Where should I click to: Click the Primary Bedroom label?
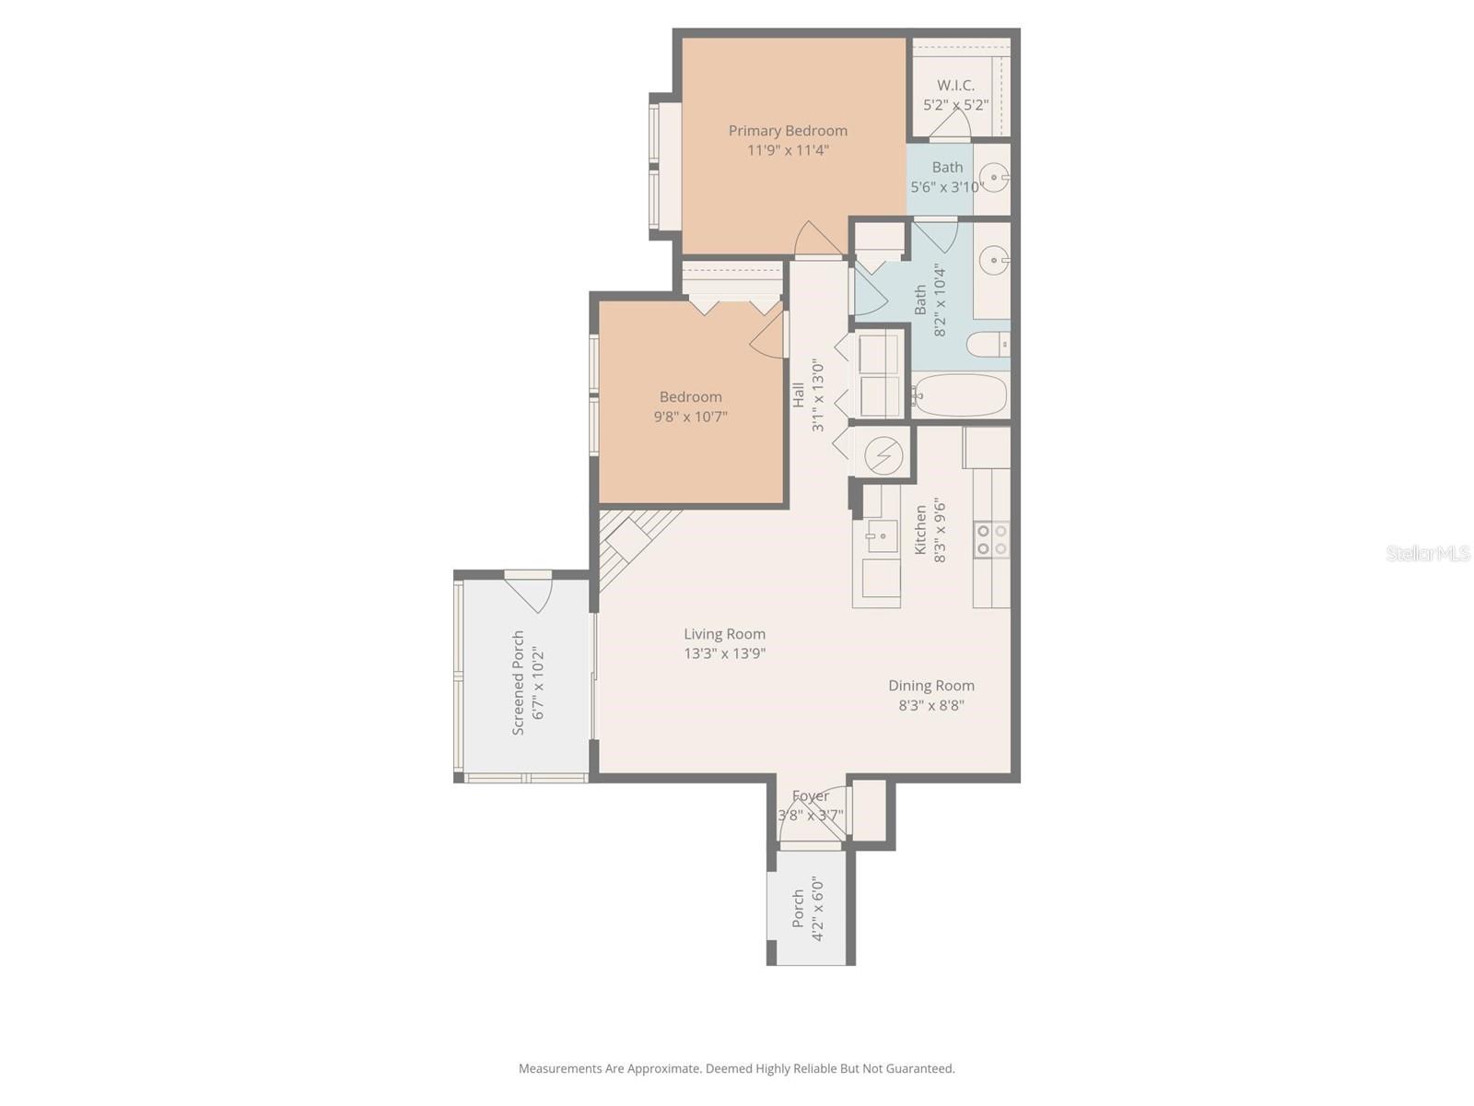(x=788, y=131)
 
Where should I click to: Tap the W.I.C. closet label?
(x=955, y=85)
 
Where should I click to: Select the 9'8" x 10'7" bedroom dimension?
(x=691, y=417)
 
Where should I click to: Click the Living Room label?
(x=724, y=634)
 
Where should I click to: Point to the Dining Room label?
(x=930, y=686)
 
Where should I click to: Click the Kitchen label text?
(x=920, y=530)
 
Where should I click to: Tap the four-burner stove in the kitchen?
(x=991, y=539)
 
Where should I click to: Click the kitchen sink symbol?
(x=882, y=535)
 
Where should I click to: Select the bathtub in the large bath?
(x=960, y=395)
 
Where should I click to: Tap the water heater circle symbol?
(x=883, y=455)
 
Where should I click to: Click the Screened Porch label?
(x=519, y=683)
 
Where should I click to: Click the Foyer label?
(x=811, y=796)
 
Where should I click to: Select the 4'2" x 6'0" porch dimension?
(x=816, y=910)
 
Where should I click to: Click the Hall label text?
(x=799, y=395)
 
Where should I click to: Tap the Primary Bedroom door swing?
(x=816, y=240)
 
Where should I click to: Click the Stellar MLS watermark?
(x=1427, y=554)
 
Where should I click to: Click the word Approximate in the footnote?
(x=663, y=1069)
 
